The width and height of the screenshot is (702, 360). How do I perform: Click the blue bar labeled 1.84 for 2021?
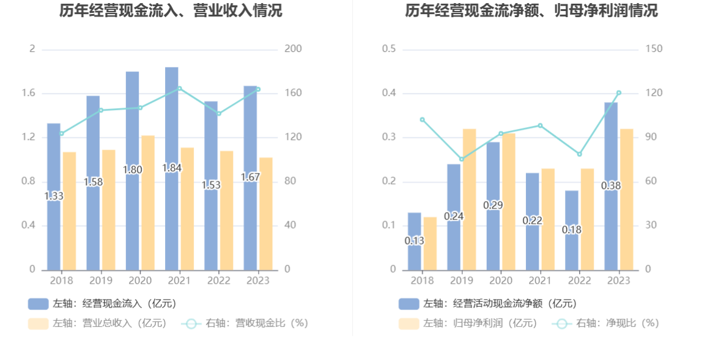pyautogui.click(x=171, y=168)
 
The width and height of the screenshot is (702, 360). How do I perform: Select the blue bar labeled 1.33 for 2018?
pyautogui.click(x=54, y=196)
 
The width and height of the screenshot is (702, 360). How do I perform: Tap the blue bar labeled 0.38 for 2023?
pyautogui.click(x=611, y=185)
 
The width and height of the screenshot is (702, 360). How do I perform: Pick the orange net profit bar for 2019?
pyautogui.click(x=469, y=199)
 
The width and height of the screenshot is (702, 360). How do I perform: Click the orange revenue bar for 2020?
pyautogui.click(x=148, y=202)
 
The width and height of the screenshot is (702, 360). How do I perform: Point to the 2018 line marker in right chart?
pyautogui.click(x=422, y=119)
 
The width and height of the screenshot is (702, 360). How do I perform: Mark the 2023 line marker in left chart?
pyautogui.click(x=258, y=89)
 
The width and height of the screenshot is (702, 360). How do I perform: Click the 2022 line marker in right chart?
pyautogui.click(x=579, y=154)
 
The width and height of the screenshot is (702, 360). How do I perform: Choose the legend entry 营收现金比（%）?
pyautogui.click(x=245, y=323)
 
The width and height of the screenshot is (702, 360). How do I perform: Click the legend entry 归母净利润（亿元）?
pyautogui.click(x=468, y=323)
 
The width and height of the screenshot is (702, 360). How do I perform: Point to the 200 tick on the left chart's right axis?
pyautogui.click(x=294, y=49)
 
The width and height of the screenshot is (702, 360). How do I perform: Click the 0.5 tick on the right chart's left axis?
pyautogui.click(x=389, y=49)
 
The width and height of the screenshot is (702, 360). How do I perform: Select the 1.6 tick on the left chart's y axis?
pyautogui.click(x=29, y=93)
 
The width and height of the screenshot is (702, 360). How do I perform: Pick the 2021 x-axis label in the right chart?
pyautogui.click(x=540, y=281)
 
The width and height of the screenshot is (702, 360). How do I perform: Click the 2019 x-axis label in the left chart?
pyautogui.click(x=101, y=281)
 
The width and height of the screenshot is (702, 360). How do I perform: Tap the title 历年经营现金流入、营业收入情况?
pyautogui.click(x=171, y=10)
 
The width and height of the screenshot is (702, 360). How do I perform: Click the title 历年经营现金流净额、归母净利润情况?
pyautogui.click(x=531, y=10)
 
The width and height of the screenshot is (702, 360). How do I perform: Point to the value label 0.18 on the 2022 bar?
pyautogui.click(x=572, y=230)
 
